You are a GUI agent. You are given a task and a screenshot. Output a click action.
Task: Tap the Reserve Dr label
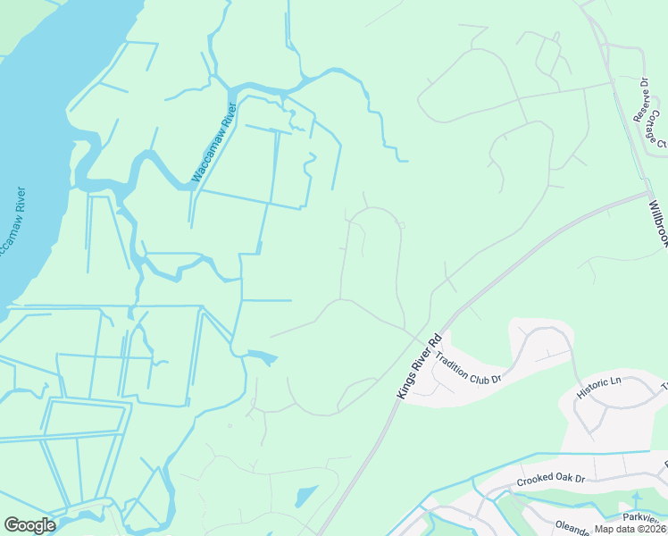click(x=641, y=99)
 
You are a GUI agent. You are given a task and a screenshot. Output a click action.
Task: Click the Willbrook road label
click(x=657, y=224)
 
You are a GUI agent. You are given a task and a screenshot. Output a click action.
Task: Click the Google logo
click(x=29, y=525)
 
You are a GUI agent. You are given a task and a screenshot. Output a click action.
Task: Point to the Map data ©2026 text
click(x=630, y=529)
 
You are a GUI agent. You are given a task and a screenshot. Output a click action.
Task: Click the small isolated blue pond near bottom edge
click(x=305, y=496)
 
